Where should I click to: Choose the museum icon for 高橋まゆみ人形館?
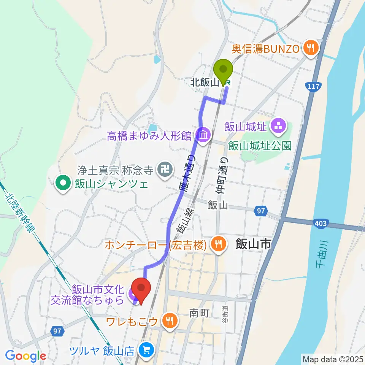[x=203, y=134]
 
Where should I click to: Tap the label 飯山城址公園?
[x=260, y=146]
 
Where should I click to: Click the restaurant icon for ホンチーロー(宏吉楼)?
[x=217, y=244]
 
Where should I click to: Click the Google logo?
[x=25, y=356]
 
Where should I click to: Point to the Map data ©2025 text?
[x=332, y=359]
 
